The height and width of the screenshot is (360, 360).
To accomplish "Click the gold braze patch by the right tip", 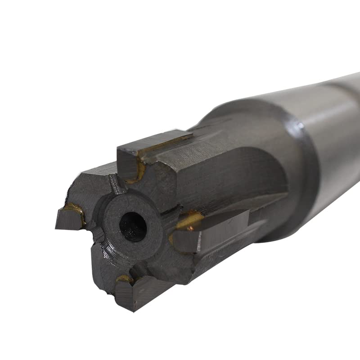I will [x=189, y=220].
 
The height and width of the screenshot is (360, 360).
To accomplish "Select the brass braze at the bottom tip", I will [x=124, y=279].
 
